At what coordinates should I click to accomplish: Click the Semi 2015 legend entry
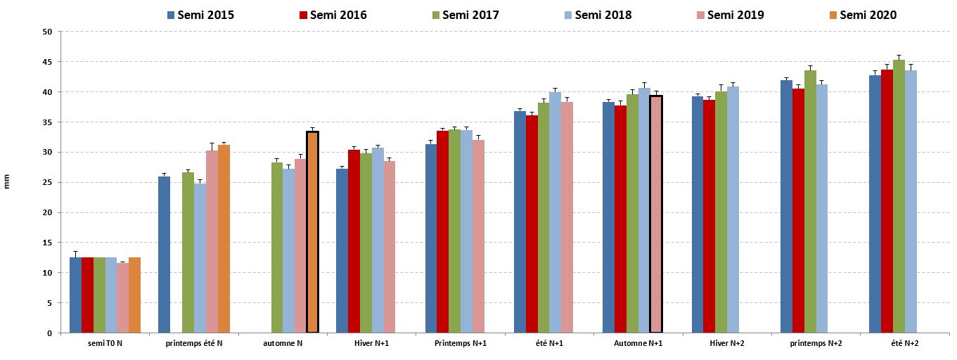pos(200,15)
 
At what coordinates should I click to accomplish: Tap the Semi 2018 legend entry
pos(596,15)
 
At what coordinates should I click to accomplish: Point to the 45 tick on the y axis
pos(48,62)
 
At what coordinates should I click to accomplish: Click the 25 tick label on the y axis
pos(48,183)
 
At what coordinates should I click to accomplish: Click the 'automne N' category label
pos(283,343)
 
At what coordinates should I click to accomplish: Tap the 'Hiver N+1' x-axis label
pos(371,343)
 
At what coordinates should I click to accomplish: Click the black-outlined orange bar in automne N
pos(313,232)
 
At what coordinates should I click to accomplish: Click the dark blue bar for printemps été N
pos(164,255)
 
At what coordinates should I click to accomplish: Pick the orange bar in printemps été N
pos(224,239)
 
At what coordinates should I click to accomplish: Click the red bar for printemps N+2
pos(798,211)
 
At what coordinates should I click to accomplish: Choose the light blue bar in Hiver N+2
pos(733,210)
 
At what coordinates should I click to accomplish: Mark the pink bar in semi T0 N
pos(123,298)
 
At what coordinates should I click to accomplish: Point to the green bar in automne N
pos(277,247)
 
